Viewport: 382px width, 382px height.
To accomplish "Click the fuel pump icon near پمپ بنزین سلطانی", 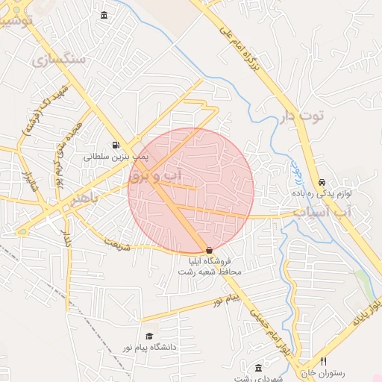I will coord(116,145).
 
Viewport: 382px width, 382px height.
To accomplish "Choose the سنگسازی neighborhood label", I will coord(56,58).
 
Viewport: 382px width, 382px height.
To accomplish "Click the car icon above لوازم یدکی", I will coord(322,182).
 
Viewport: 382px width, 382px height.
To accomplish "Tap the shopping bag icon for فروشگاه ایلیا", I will coord(209,250).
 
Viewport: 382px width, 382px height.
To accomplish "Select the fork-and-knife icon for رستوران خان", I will coord(323,361).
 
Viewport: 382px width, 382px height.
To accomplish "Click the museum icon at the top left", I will coord(103,16).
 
